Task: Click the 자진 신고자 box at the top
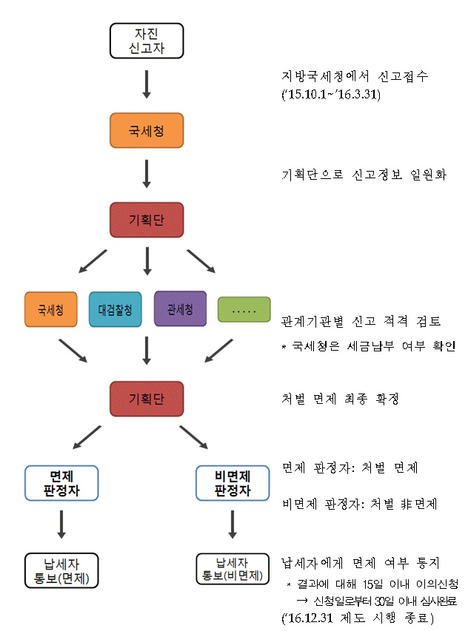coord(146,40)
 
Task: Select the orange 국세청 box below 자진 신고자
coord(146,131)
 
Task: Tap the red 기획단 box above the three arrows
coord(146,220)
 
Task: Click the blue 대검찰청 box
coord(115,310)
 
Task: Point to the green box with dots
coord(244,310)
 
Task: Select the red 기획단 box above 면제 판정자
coord(146,398)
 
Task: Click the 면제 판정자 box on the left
coord(61,482)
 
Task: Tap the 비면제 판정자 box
coord(232,482)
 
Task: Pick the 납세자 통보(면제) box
coord(61,570)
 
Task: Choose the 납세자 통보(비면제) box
coord(232,570)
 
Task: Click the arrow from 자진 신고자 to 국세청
coord(146,84)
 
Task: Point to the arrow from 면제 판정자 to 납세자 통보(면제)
coord(61,524)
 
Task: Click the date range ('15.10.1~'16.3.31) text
coord(331,95)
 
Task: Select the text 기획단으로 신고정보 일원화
coord(364,175)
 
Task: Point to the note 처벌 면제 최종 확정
coord(341,399)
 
